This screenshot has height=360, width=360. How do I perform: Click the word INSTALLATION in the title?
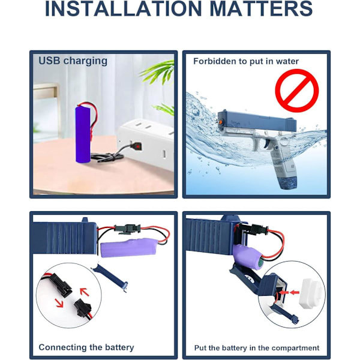124,8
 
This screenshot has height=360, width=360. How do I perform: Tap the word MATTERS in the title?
261,8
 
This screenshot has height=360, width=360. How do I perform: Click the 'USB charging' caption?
73,61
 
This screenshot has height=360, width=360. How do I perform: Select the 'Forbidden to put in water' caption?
246,61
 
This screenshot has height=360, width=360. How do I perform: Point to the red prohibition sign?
297,91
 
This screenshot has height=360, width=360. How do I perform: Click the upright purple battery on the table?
83,134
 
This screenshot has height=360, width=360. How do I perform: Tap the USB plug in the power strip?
136,146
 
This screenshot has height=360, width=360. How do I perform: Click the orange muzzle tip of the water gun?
220,122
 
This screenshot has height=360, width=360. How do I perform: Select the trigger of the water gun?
266,144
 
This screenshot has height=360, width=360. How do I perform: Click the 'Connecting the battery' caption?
86,347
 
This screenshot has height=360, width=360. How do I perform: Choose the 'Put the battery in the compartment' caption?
257,348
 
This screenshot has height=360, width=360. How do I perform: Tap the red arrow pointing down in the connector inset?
59,303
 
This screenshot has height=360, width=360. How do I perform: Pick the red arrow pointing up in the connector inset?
85,292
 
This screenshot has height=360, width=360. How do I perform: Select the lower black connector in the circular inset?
83,308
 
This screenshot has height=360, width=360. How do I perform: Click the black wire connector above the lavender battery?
128,229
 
